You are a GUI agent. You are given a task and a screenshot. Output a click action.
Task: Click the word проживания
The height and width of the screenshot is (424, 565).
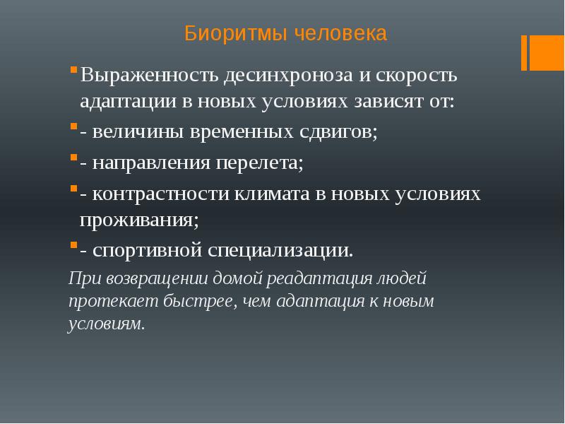pyautogui.click(x=138, y=219)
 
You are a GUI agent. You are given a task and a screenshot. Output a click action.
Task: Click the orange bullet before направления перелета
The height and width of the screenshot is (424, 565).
pyautogui.click(x=73, y=161)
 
